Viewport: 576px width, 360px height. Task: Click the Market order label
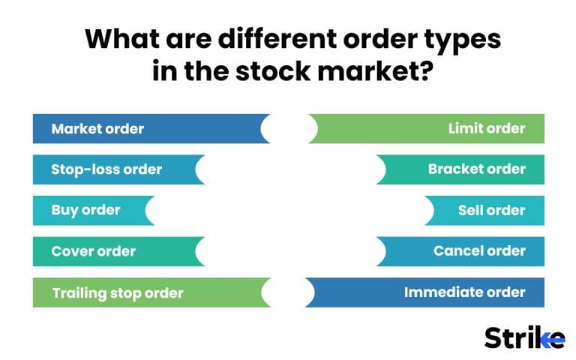point(97,129)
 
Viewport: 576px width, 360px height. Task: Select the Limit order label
point(487,129)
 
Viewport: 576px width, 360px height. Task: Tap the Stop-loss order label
point(106,169)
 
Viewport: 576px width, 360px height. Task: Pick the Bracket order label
point(477,169)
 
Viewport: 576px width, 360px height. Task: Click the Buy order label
point(85,210)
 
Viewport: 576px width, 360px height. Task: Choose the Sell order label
point(492,210)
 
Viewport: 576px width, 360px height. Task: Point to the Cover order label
point(94,251)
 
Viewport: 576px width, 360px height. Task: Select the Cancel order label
point(479,251)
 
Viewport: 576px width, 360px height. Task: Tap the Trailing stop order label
point(118,292)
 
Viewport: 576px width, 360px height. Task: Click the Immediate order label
point(465,292)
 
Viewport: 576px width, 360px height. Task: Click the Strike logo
point(524,337)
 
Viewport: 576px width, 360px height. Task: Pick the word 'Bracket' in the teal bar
point(453,169)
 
